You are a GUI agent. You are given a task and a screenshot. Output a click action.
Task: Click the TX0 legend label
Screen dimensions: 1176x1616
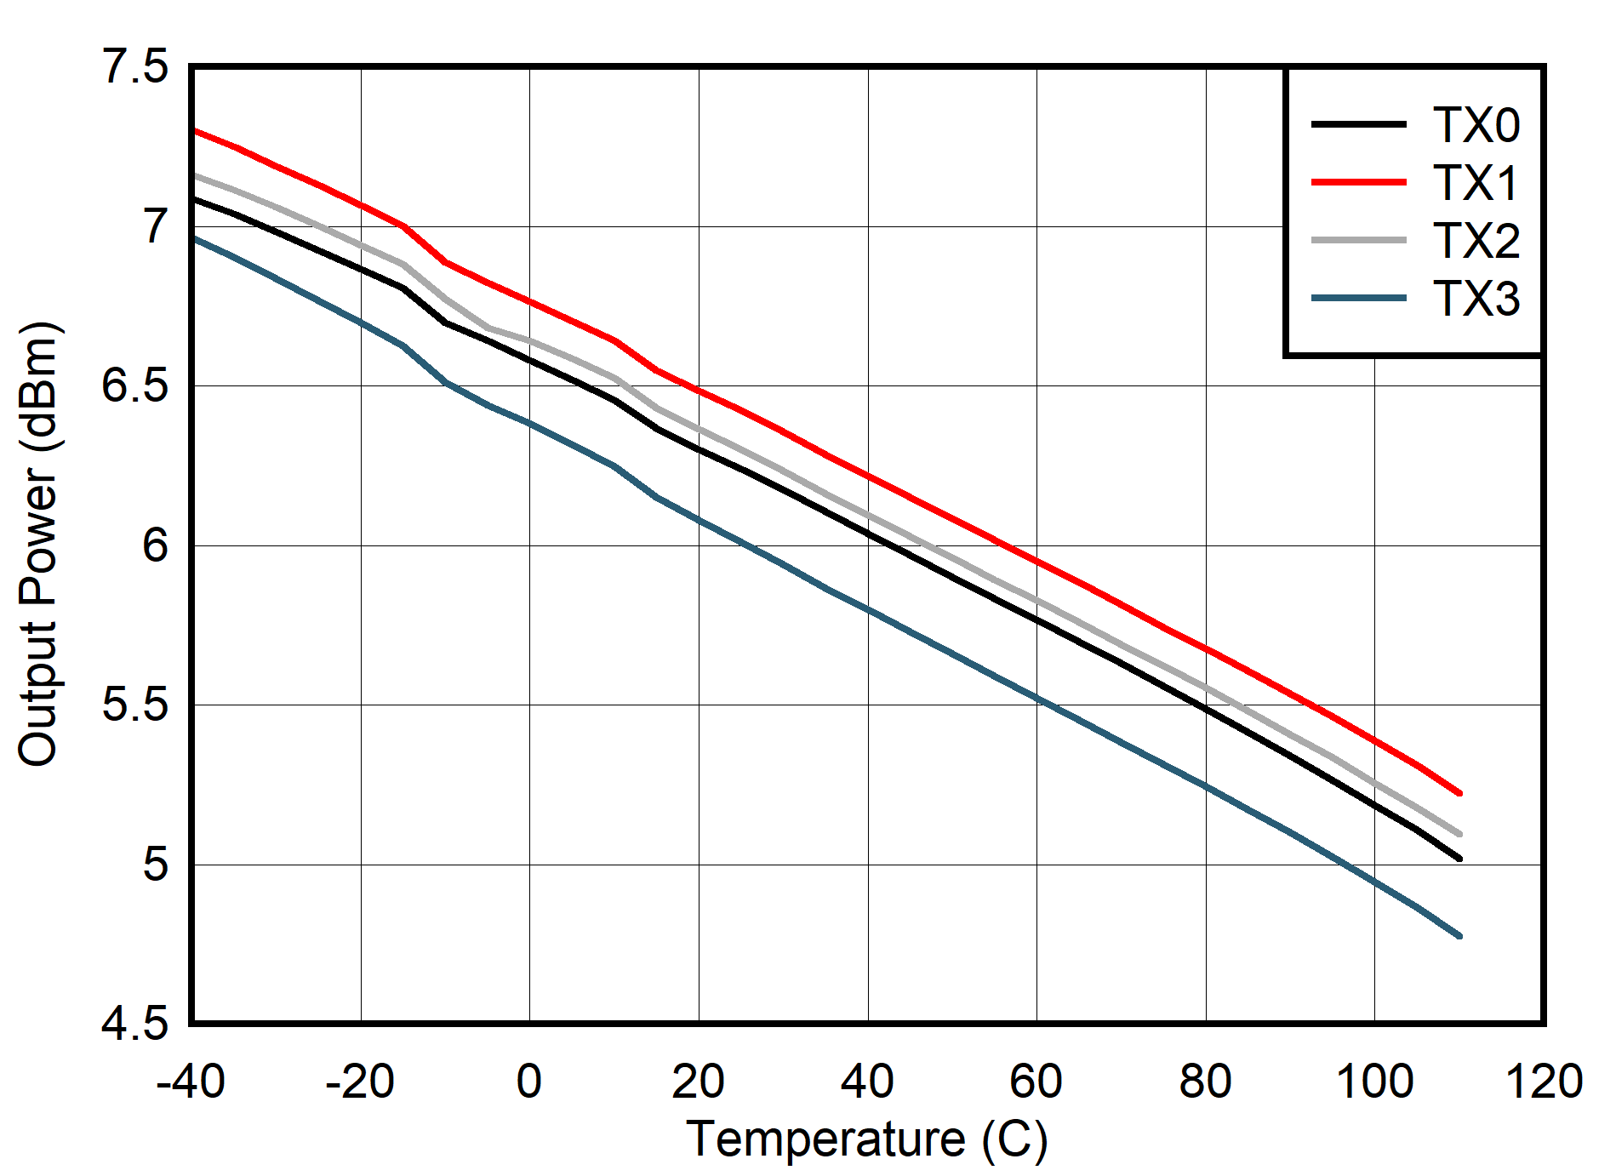tap(1476, 125)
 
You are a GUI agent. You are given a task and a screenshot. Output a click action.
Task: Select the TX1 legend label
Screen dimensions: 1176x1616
tap(1476, 183)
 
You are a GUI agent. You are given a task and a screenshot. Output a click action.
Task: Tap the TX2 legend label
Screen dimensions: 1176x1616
tap(1476, 241)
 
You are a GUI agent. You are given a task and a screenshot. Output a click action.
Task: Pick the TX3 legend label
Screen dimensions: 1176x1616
tap(1476, 299)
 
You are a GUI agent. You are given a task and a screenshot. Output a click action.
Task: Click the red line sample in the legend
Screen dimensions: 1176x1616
tap(1358, 182)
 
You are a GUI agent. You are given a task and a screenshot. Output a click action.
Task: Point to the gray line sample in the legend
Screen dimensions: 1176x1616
tap(1358, 240)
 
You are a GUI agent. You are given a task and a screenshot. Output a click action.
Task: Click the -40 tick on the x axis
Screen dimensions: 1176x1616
tap(191, 1082)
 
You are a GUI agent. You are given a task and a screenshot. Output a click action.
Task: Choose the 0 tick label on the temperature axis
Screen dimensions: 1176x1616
tap(529, 1082)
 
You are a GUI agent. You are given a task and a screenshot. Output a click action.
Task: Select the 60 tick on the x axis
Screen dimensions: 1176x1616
tap(1036, 1082)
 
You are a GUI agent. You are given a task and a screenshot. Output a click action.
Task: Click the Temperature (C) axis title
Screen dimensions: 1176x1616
tap(866, 1139)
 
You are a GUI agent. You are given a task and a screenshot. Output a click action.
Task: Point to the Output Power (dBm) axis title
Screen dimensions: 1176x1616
tap(38, 545)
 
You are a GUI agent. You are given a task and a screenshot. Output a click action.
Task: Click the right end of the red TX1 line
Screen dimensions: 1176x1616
tap(1459, 793)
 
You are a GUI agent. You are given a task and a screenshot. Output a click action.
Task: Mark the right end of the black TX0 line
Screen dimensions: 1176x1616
tap(1459, 859)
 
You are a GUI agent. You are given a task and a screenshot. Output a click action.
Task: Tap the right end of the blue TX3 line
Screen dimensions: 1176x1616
tap(1459, 936)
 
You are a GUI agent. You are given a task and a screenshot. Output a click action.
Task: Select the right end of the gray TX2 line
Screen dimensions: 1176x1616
tap(1459, 834)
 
